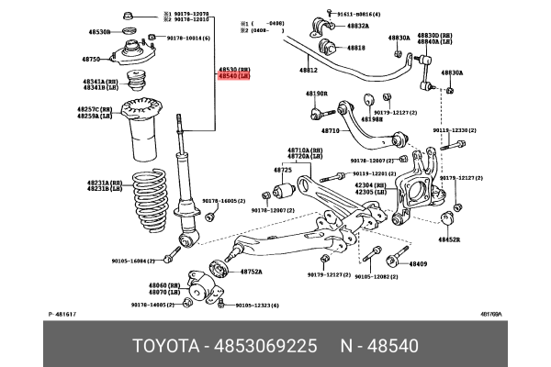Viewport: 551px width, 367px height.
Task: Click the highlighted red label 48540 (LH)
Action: point(233,77)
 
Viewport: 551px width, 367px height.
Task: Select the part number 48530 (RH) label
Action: point(233,69)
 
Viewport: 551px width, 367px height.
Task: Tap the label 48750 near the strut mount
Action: point(90,59)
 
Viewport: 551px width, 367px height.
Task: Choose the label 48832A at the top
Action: point(357,26)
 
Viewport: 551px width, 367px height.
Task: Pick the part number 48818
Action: point(355,48)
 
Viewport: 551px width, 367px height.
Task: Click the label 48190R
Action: point(317,93)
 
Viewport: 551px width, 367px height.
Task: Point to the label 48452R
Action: point(448,239)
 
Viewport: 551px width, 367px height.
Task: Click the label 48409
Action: point(418,263)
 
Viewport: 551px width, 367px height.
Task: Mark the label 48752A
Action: point(252,272)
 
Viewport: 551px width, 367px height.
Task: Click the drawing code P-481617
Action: point(62,315)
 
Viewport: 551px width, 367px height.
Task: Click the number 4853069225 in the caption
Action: point(267,345)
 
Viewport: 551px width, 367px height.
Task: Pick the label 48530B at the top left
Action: point(99,31)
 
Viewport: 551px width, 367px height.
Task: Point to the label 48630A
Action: point(450,72)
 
